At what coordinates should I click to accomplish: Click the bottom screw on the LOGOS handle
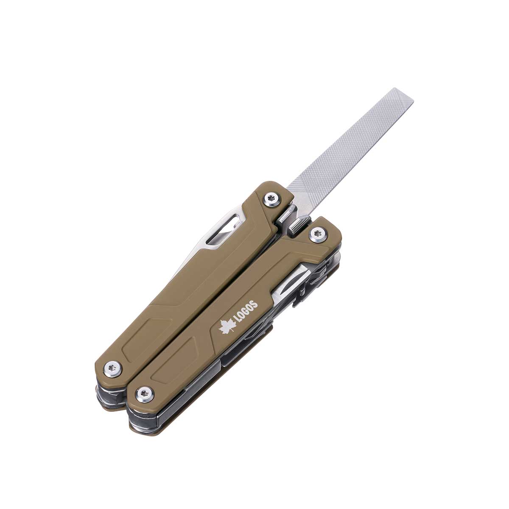click(145, 394)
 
